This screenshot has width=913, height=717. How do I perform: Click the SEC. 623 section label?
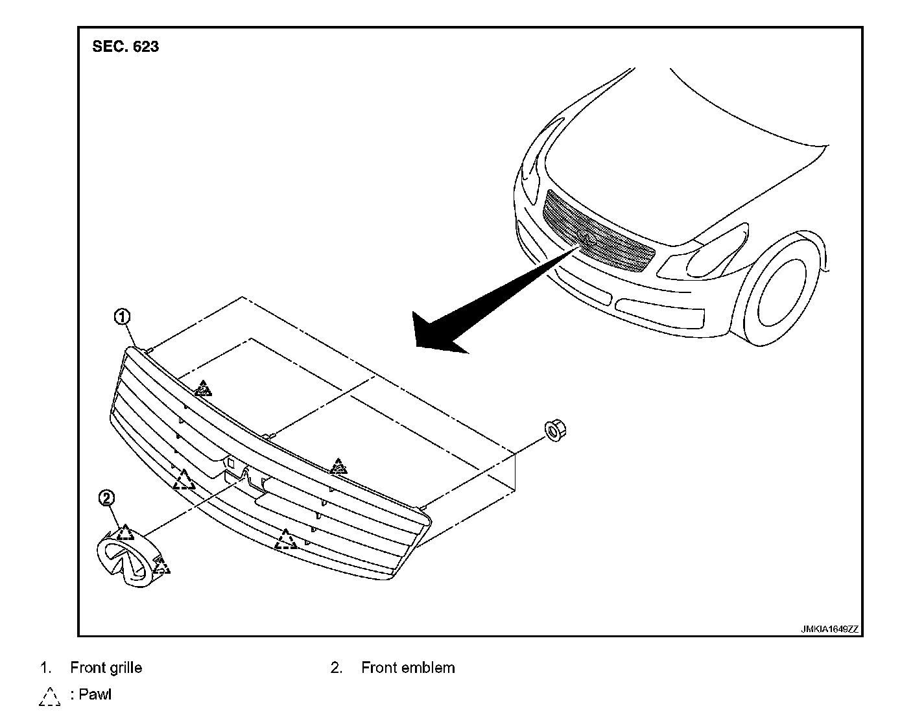click(x=125, y=47)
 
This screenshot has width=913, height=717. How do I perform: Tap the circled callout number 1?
click(x=122, y=317)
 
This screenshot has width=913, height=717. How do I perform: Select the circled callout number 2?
click(x=106, y=498)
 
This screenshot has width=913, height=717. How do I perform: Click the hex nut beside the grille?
click(x=553, y=430)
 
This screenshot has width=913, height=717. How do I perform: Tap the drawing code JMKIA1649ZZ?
click(x=829, y=629)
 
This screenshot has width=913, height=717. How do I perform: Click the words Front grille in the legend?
click(x=106, y=668)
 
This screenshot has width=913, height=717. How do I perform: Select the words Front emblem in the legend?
click(x=408, y=668)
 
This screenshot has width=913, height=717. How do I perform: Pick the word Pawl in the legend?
click(x=95, y=694)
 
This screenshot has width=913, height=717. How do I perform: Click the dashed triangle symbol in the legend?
click(x=49, y=696)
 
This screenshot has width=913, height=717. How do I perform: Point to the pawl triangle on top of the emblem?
click(x=125, y=533)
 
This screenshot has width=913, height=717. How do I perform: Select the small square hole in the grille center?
click(x=230, y=464)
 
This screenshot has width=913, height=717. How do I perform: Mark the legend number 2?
click(x=336, y=668)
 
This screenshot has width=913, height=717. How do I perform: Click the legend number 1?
click(x=45, y=668)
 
